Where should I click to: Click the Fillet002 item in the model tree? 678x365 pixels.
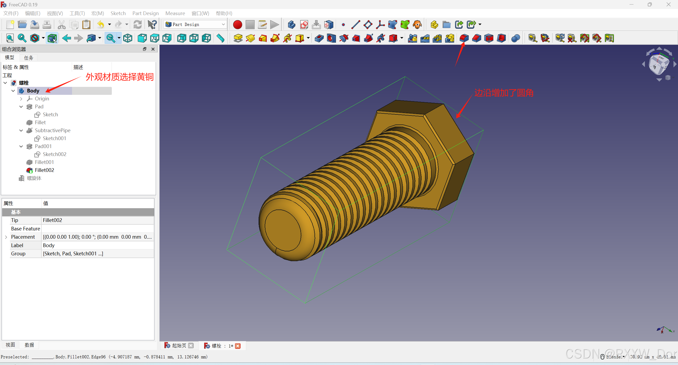44,170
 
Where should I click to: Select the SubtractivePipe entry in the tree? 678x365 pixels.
52,130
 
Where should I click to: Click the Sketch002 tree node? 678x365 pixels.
54,154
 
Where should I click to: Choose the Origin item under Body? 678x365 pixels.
42,99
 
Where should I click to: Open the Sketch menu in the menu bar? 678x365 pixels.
118,13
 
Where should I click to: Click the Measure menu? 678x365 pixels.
175,13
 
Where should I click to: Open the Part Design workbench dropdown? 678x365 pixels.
195,24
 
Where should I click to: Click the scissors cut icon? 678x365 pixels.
61,25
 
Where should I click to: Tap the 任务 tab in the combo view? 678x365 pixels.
29,58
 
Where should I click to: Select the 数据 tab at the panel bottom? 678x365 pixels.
29,345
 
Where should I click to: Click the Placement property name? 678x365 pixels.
23,237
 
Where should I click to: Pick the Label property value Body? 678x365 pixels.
49,245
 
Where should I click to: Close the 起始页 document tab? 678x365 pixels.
191,346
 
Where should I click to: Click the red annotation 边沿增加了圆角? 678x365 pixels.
504,93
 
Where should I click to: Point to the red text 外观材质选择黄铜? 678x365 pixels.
119,77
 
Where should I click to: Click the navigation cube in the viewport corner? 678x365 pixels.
658,64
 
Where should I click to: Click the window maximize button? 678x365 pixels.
650,5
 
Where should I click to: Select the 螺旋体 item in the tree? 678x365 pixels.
34,178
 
